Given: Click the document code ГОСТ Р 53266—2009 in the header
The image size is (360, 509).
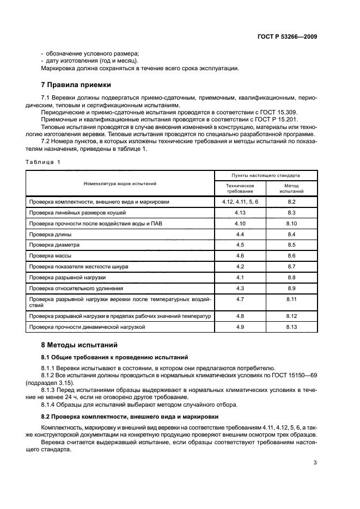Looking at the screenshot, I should (286, 36).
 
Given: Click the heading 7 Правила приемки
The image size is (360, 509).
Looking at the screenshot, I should (76, 85).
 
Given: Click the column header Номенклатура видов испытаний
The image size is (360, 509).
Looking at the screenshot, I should (120, 183).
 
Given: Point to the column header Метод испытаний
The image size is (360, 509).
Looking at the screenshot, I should (291, 188).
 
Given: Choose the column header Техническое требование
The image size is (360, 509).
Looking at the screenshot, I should (240, 188).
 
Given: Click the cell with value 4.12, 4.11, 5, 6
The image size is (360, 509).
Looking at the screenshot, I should (240, 202).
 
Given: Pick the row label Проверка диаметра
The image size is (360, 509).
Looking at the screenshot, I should (54, 244).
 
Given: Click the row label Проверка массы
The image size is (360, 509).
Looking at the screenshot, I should (51, 255).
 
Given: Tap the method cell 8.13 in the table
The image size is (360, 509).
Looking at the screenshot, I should (291, 327).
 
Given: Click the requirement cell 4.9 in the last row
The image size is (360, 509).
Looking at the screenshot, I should (240, 327).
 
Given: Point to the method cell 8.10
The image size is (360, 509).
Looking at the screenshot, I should (291, 223).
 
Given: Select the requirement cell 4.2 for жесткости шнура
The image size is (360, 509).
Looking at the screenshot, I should (240, 266).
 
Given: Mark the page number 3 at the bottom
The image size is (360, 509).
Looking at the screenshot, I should (315, 464).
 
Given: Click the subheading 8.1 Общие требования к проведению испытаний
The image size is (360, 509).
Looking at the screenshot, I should (115, 357).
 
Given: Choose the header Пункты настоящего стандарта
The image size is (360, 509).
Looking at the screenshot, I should (266, 175).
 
